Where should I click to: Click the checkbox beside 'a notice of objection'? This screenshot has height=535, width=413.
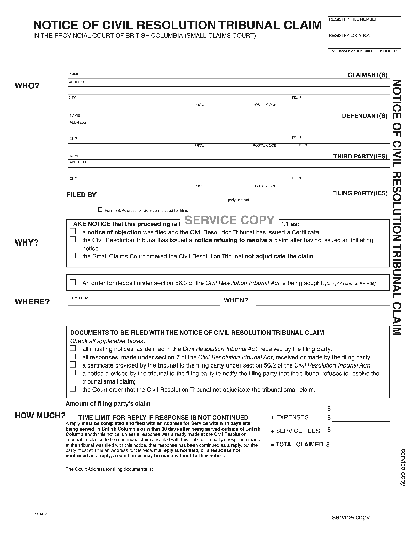(73, 232)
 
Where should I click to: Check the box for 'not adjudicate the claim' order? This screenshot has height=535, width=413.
(73, 256)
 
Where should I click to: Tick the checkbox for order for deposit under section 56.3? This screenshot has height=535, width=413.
(73, 283)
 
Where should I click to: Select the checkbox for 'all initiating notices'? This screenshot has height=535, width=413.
(73, 349)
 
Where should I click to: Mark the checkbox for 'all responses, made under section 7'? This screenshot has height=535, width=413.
(73, 357)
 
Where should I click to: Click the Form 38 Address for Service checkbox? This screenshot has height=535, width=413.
(100, 210)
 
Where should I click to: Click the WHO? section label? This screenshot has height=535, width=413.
(26, 86)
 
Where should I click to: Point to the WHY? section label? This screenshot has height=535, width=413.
(26, 242)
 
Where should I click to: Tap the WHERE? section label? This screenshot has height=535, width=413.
(32, 302)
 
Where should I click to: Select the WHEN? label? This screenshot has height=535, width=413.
(235, 300)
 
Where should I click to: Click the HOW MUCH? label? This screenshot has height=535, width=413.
(40, 415)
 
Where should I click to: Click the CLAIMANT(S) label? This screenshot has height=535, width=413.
(367, 75)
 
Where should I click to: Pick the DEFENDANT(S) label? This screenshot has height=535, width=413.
(364, 116)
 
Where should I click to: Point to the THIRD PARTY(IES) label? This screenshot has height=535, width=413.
(360, 156)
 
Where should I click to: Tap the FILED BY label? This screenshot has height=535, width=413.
(81, 195)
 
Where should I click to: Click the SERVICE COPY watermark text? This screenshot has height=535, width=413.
(229, 220)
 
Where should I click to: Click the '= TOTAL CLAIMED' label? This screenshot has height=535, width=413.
(297, 444)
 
